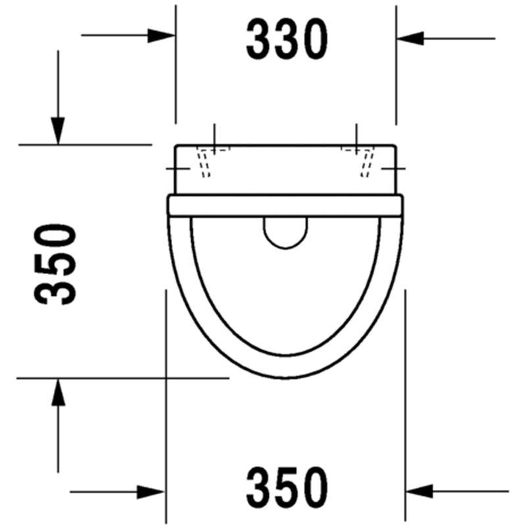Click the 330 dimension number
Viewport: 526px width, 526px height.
(287, 39)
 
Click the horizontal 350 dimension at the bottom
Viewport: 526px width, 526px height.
(287, 488)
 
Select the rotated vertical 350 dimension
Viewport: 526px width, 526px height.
(55, 264)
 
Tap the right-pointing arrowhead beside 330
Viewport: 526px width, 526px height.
(161, 36)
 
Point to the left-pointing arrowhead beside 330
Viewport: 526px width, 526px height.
(410, 39)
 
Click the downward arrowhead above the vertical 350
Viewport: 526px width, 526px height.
(58, 131)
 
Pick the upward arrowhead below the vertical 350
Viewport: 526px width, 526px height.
(59, 392)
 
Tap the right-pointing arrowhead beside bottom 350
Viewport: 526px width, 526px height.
(151, 492)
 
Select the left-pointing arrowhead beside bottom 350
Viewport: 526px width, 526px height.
(419, 491)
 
